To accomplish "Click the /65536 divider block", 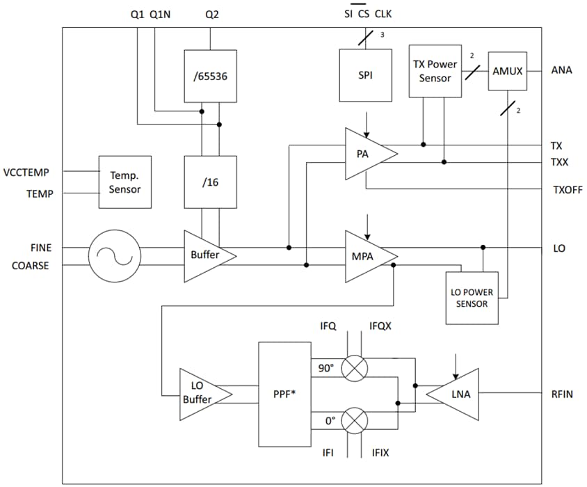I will click(210, 75).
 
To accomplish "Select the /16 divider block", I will click(210, 182).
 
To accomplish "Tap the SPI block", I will click(365, 74).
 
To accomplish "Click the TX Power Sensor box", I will click(435, 71).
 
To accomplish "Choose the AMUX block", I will click(507, 70).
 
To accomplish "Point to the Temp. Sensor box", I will click(124, 182).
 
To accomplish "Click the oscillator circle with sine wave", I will click(114, 256).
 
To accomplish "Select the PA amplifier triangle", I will click(367, 154).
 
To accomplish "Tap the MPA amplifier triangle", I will click(367, 256).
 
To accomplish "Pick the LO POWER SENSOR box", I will click(472, 298).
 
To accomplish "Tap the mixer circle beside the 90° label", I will click(355, 368).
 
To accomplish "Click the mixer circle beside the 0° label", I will click(355, 420).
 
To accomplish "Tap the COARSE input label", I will click(30, 265).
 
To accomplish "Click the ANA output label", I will click(561, 70).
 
